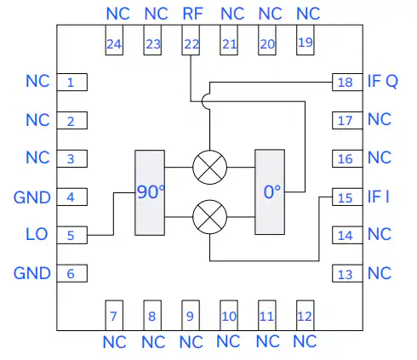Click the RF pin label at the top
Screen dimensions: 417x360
coord(192,14)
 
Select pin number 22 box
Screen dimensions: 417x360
coord(191,40)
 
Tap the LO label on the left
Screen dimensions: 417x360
coord(37,234)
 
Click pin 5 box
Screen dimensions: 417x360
coord(72,235)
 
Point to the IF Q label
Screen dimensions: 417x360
coord(383,81)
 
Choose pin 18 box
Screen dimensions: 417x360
coord(347,83)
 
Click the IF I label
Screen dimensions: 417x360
coord(379,197)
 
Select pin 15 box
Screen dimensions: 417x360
coord(347,197)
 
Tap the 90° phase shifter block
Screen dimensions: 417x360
coord(150,192)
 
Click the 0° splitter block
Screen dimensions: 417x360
coord(270,192)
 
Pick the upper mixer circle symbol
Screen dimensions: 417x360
coord(210,168)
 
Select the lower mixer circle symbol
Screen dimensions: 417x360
coord(210,217)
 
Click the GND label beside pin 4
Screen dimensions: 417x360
coord(32,197)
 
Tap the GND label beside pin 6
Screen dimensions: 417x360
coord(32,273)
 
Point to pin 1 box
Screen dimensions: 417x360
coord(72,83)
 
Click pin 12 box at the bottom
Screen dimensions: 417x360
coord(306,316)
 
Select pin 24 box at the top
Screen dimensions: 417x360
coord(114,40)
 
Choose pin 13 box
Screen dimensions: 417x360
coord(347,273)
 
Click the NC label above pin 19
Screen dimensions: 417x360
coord(308,14)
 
